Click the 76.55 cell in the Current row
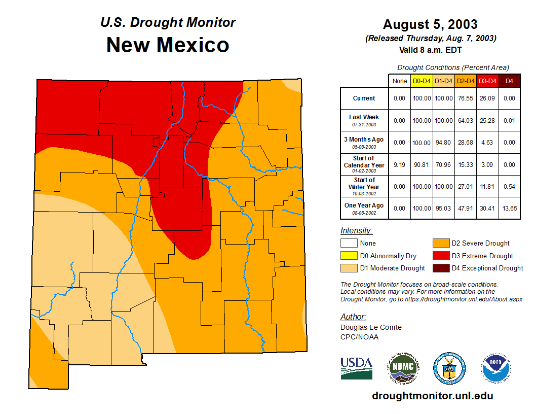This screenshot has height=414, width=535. (x=466, y=98)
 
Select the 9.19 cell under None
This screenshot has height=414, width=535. (x=400, y=164)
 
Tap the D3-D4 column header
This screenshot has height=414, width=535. (x=488, y=81)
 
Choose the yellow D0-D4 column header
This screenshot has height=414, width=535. (x=422, y=81)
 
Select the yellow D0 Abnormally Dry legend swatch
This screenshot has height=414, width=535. (x=349, y=256)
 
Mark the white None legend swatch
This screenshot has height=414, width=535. (x=349, y=244)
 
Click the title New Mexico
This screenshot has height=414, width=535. (x=168, y=45)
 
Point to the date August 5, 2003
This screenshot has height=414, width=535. (x=430, y=24)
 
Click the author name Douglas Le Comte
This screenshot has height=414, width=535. (x=371, y=327)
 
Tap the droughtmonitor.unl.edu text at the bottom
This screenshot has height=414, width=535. (x=432, y=396)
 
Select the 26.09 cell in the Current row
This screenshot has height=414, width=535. (x=488, y=98)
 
